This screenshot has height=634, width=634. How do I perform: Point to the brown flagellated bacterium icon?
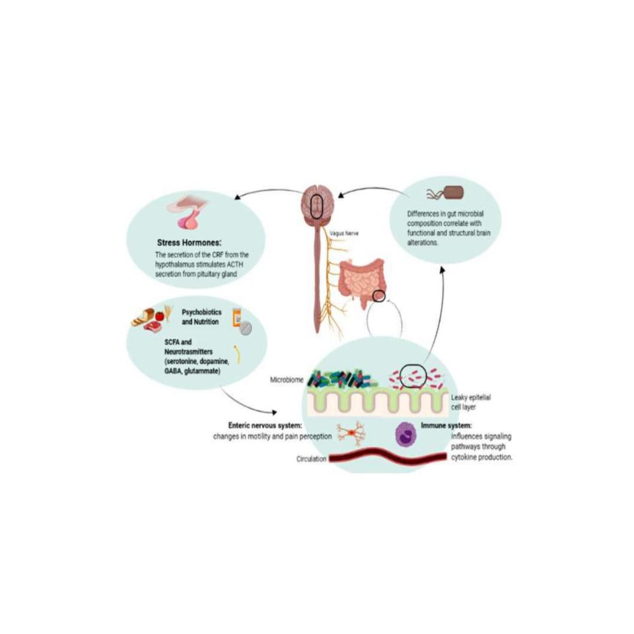coord(453,193)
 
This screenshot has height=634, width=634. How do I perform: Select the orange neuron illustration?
coord(349,433)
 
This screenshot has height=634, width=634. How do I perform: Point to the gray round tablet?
coord(246,329)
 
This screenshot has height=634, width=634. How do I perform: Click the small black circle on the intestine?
coord(378,296)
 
